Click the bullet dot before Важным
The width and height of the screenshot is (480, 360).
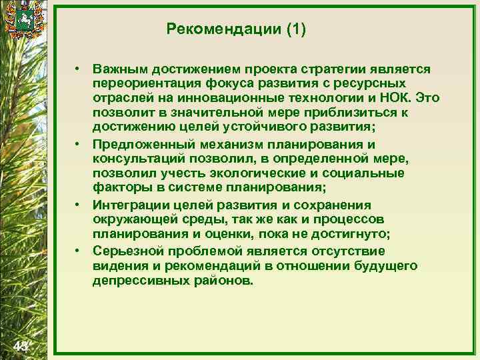78,69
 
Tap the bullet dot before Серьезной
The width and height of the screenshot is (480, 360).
78,251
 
